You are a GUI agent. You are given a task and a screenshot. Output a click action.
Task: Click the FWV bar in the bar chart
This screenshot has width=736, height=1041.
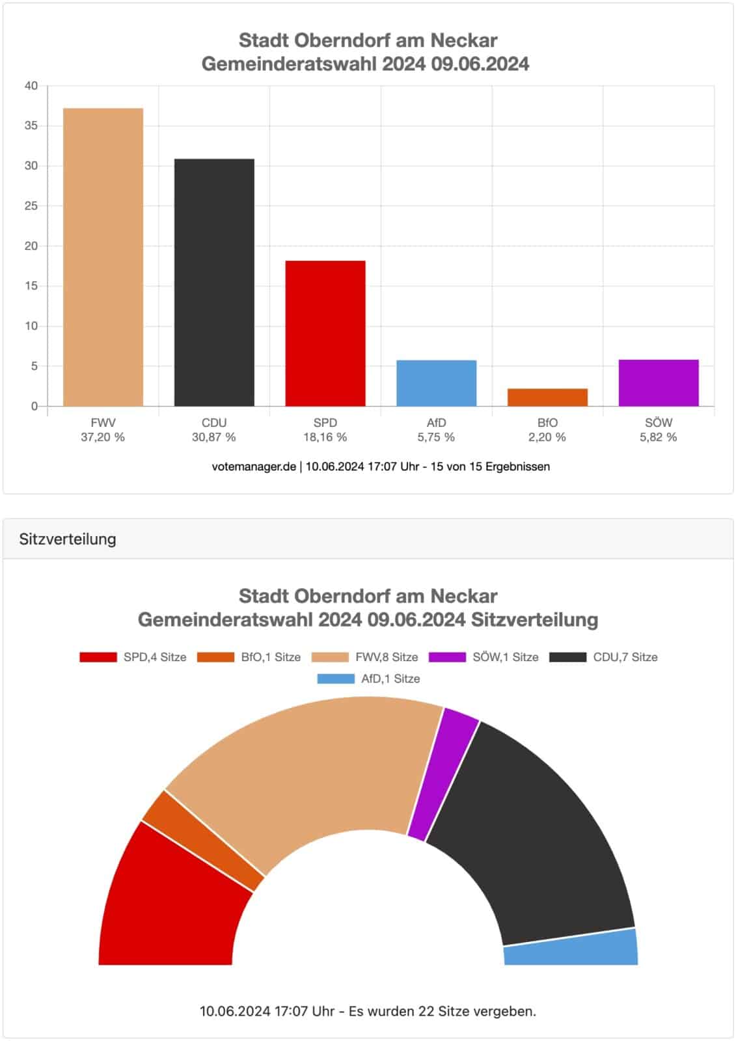pos(103,257)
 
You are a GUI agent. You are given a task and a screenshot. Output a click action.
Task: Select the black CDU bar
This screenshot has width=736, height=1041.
pos(214,282)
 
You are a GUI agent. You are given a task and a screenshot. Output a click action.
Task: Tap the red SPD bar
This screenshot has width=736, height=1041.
pos(325,333)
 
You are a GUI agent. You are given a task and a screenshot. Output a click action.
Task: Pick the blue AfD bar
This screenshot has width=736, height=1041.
pos(436,383)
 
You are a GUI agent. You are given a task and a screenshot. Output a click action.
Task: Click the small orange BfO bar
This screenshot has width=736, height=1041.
pos(547,398)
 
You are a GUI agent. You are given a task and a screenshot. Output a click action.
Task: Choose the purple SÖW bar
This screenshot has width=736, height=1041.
pos(659,383)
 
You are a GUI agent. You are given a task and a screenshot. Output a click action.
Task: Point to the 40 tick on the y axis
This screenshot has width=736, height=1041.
pos(32,86)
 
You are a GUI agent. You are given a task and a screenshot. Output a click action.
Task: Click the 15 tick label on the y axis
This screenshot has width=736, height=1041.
pos(32,286)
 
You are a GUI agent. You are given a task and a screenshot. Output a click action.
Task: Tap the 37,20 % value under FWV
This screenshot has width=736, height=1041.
pos(103,437)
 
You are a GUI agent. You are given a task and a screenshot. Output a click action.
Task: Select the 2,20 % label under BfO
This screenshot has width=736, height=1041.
pos(547,437)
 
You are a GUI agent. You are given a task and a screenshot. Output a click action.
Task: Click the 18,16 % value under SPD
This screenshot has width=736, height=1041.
pos(325,437)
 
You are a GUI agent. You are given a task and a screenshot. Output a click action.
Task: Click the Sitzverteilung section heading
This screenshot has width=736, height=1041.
pos(68,539)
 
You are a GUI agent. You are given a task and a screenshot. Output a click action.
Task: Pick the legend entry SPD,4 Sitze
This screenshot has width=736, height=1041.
pos(133,657)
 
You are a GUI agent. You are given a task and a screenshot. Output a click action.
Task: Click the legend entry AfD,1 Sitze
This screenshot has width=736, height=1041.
pos(369,679)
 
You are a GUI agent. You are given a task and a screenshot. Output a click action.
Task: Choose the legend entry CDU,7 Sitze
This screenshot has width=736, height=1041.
pos(603,657)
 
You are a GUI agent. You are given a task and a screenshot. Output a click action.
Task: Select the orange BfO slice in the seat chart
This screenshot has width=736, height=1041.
pos(202,839)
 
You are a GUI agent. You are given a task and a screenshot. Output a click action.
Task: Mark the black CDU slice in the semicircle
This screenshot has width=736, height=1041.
pos(534,833)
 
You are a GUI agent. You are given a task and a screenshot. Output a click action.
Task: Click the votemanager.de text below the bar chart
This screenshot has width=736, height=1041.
pos(254,466)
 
